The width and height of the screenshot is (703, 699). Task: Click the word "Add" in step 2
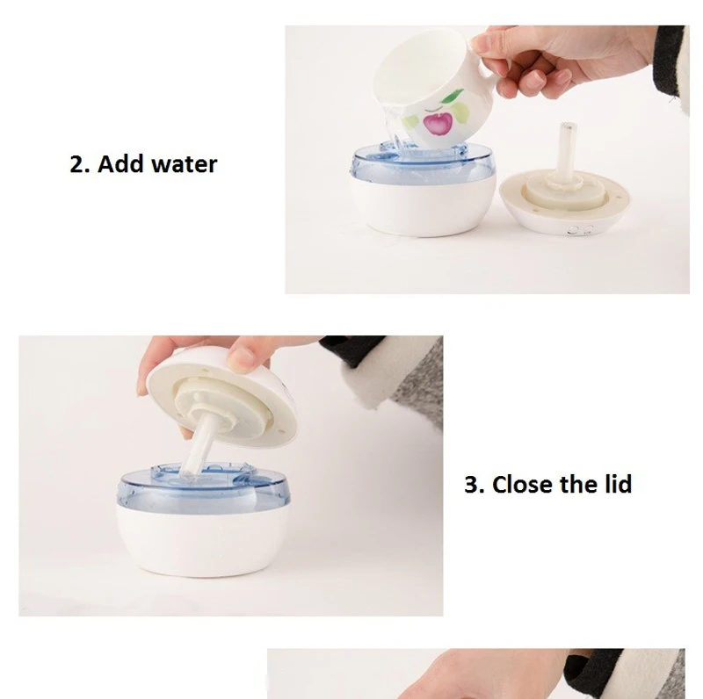tap(120, 163)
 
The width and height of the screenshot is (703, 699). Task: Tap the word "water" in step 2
tap(184, 164)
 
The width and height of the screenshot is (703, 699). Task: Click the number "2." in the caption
tap(80, 164)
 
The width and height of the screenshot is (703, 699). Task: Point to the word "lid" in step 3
tap(619, 484)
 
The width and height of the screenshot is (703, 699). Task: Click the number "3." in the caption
tap(475, 485)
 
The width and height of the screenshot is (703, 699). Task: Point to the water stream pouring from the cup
tap(392, 127)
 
